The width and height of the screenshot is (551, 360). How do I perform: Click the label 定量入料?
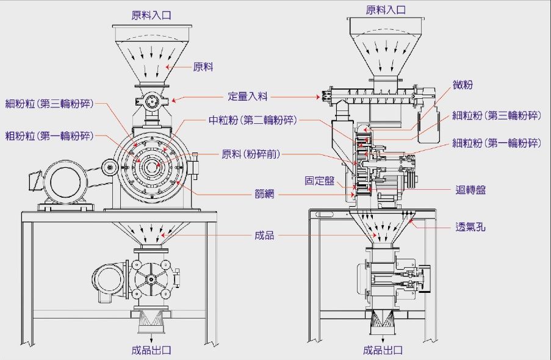248,96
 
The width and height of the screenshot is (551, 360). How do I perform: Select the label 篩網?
264,195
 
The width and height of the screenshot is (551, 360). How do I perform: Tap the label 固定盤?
319,181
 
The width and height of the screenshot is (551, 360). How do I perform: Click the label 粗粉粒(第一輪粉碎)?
49,135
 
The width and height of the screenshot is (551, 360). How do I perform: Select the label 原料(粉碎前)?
251,154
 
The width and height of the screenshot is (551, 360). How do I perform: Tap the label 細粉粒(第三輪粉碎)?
49,103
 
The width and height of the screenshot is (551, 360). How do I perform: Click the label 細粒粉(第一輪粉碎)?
497,143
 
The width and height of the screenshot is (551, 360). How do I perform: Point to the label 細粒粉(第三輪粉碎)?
497,115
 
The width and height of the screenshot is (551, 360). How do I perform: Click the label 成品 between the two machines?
264,235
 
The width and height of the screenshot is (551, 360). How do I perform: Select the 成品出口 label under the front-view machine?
151,350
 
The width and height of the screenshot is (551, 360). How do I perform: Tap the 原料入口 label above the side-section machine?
385,10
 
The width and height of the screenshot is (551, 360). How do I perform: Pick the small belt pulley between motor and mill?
110,166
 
